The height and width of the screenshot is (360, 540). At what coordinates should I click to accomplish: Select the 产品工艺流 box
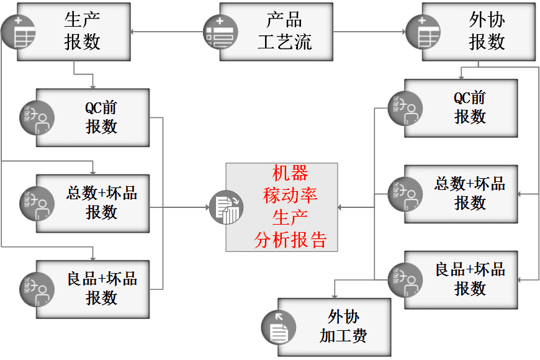(276, 31)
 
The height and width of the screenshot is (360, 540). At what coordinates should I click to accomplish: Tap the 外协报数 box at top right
(478, 31)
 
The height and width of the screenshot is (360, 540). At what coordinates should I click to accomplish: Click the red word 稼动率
(290, 196)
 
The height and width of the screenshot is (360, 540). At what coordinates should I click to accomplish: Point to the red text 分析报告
(290, 240)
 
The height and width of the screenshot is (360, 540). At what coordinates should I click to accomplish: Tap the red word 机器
(290, 173)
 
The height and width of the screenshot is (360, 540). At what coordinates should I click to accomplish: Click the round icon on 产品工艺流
(219, 32)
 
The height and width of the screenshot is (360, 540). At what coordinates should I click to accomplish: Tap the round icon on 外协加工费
(277, 327)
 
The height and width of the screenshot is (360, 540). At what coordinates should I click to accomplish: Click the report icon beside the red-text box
(225, 207)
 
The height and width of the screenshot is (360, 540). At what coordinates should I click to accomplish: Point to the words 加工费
(343, 336)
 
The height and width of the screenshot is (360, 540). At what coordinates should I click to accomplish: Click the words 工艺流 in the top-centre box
(285, 42)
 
